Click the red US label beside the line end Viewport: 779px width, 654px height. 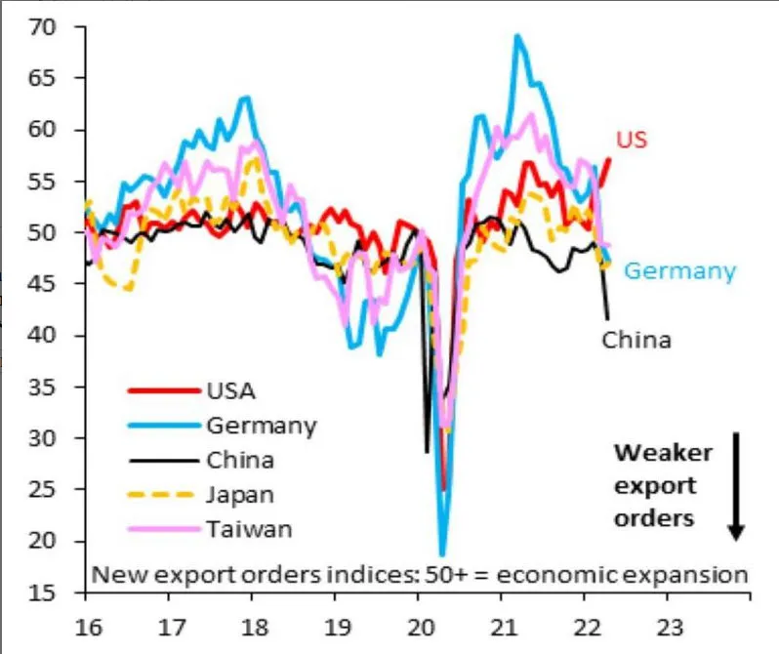[633, 140]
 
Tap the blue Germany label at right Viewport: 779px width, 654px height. [679, 271]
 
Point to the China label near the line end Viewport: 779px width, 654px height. [636, 341]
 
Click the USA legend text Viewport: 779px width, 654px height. [230, 391]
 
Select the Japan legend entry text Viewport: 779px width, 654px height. [240, 494]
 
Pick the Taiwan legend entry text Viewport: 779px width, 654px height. [249, 529]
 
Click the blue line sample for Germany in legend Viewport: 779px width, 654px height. [161, 426]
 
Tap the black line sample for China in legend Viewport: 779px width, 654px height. [161, 460]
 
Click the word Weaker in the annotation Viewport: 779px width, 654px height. [663, 453]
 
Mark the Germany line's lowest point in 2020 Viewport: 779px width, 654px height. [442, 554]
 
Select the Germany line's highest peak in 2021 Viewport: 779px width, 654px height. [516, 36]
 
